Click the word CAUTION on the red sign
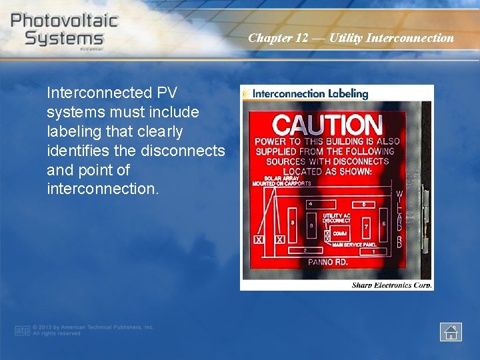point(327,125)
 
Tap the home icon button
point(451,331)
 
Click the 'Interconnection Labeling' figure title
point(310,93)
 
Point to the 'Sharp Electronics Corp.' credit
point(392,285)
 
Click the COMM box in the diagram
point(339,233)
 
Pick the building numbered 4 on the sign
point(311,203)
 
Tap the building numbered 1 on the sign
point(373,251)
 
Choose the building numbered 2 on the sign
point(305,250)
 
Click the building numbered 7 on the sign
point(366,227)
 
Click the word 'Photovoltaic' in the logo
point(65,20)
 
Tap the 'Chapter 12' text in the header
point(278,38)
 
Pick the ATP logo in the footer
point(23,330)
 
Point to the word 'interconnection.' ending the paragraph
point(103,189)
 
